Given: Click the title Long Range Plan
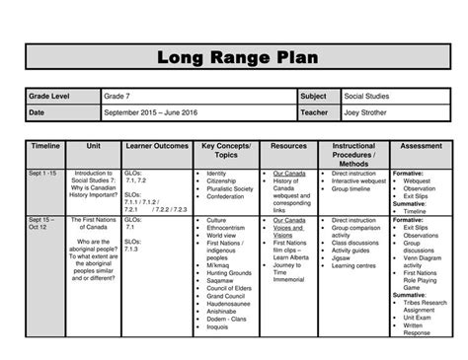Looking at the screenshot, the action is pyautogui.click(x=234, y=56).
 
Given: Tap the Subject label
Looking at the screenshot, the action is pyautogui.click(x=317, y=98).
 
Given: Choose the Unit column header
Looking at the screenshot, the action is pyautogui.click(x=95, y=145).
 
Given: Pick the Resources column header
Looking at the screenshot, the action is pyautogui.click(x=290, y=145).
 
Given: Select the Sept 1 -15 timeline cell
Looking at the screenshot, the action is pyautogui.click(x=44, y=174).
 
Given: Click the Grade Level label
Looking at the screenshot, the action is pyautogui.click(x=52, y=98).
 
